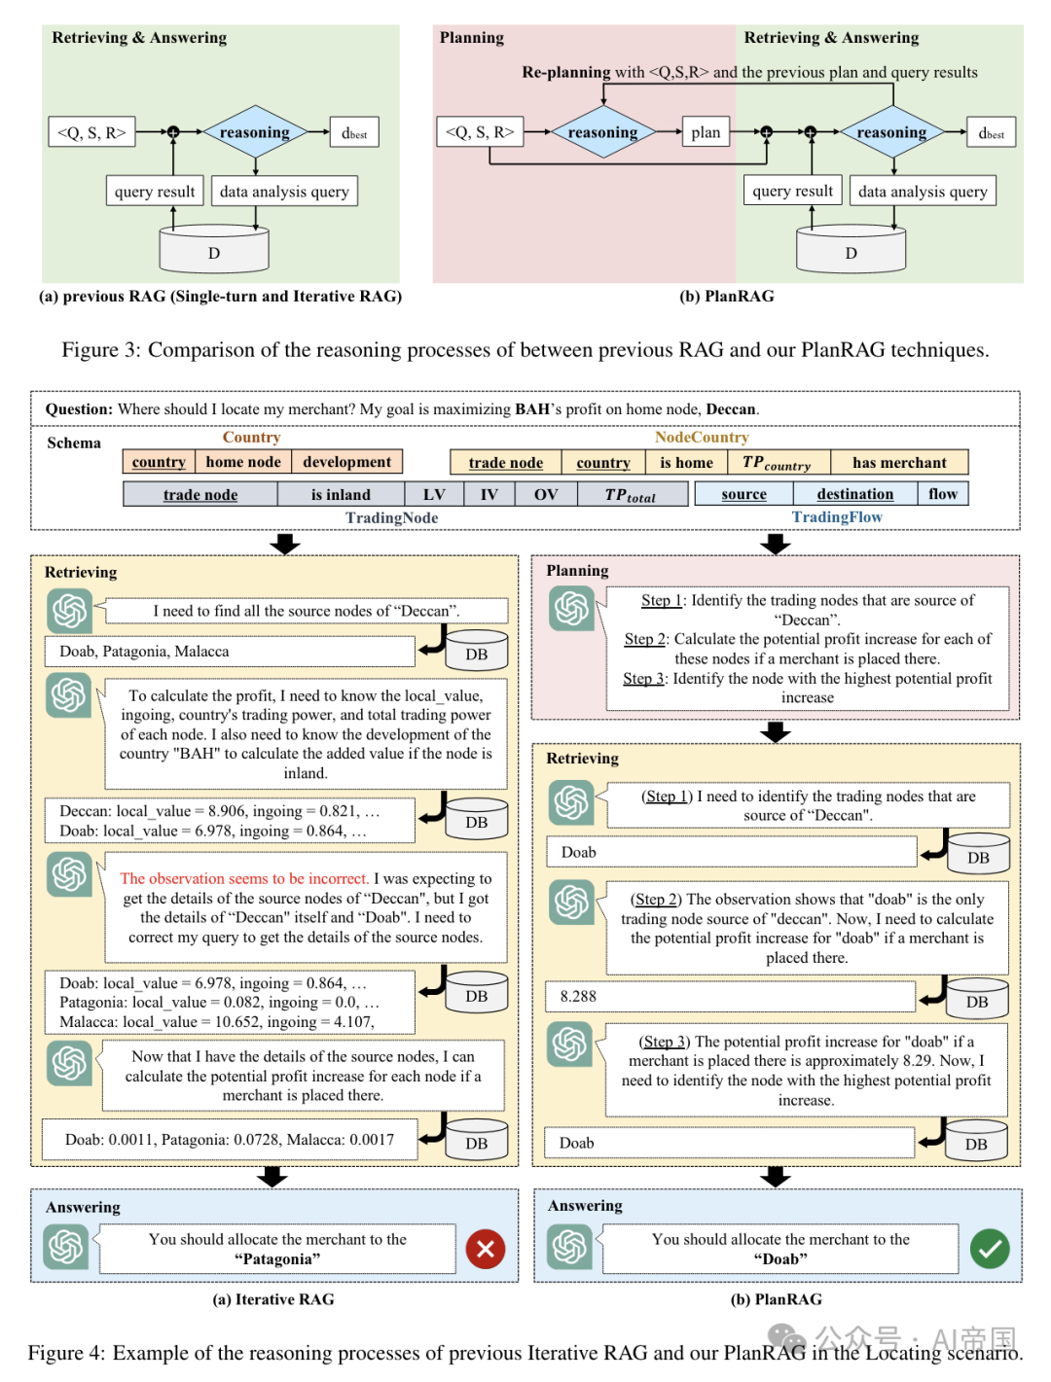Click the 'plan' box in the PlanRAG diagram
point(706,132)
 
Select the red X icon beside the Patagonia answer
point(485,1248)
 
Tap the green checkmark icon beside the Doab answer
point(990,1248)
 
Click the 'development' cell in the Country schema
point(346,462)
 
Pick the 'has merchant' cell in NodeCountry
point(898,462)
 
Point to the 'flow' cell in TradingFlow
point(943,494)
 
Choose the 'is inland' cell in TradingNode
point(341,494)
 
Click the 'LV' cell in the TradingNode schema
point(434,494)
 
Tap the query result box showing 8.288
point(730,996)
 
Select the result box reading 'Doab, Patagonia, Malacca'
point(230,651)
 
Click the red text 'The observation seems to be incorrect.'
point(244,878)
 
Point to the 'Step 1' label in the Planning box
point(661,600)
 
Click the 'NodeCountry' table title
point(702,437)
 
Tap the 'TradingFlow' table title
point(837,516)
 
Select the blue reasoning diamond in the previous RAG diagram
point(255,131)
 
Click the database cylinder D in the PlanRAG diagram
point(851,249)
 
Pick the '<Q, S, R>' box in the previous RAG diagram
point(91,131)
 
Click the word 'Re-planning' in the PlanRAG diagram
point(566,72)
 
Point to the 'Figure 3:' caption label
point(101,349)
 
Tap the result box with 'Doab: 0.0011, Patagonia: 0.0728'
point(230,1140)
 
